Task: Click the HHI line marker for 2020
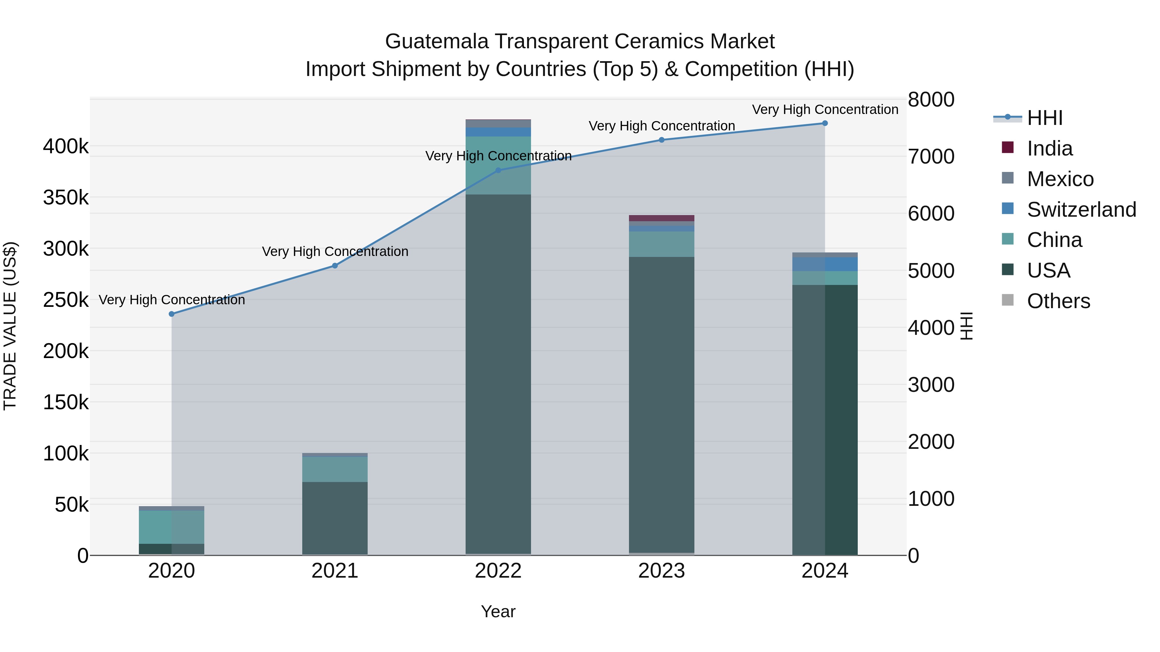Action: tap(171, 314)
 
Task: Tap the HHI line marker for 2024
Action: tap(825, 123)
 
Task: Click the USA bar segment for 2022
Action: tap(498, 373)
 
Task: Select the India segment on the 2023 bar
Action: tap(662, 218)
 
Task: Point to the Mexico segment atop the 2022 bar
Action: tap(498, 123)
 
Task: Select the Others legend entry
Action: tap(1058, 301)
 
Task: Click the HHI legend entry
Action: tap(1045, 118)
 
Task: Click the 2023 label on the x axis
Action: tap(662, 571)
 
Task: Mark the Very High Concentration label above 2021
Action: tap(335, 251)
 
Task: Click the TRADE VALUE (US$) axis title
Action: tap(10, 326)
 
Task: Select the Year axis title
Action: tap(498, 611)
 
